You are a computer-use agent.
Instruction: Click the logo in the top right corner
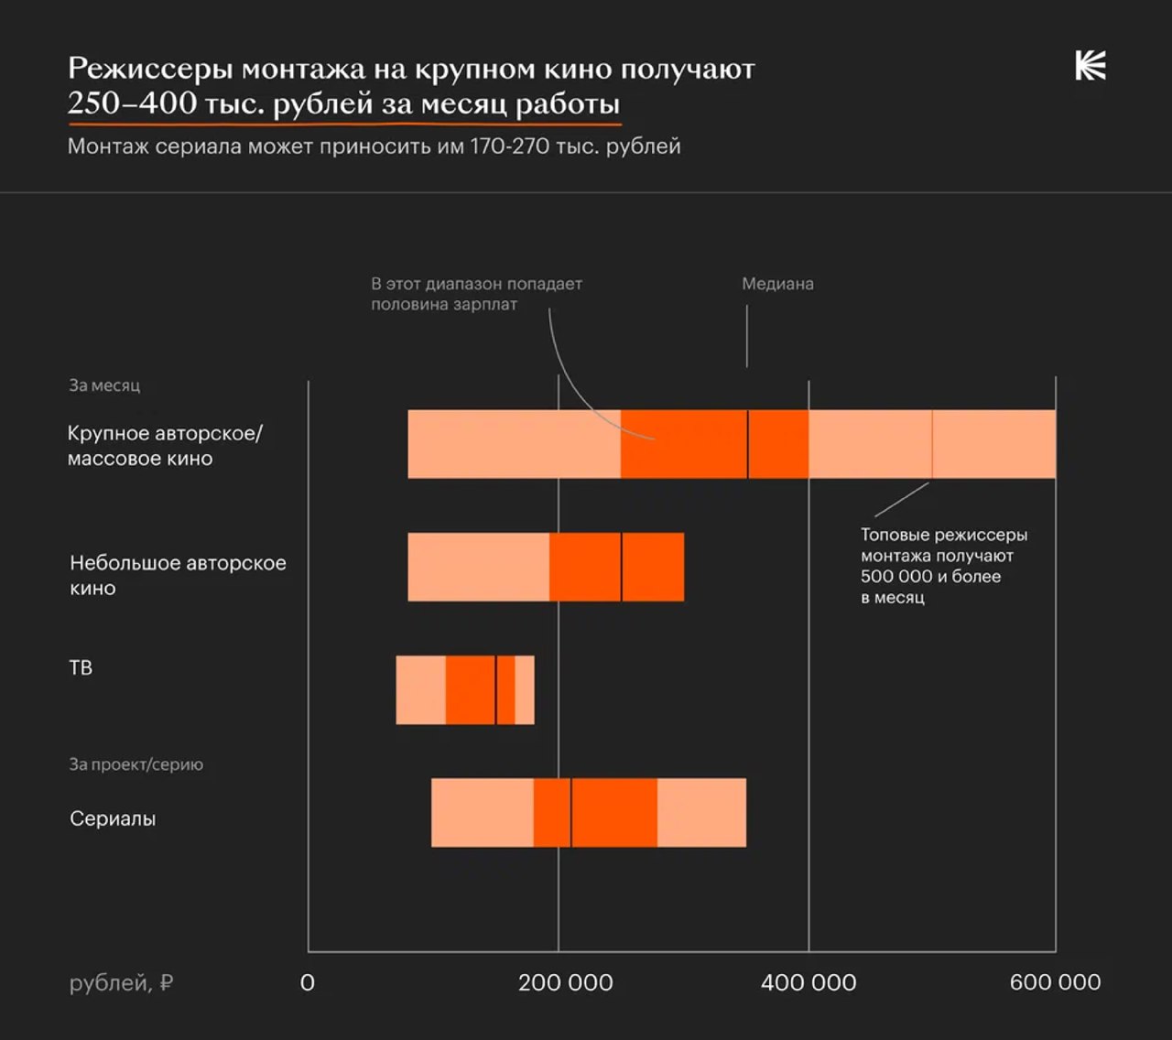(1091, 66)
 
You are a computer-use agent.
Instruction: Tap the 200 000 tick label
(565, 982)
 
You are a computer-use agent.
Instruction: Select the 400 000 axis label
(808, 982)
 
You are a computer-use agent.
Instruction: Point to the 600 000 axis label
(1055, 982)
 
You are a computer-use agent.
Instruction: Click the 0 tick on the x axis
(308, 982)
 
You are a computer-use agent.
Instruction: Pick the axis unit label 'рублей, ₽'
(121, 983)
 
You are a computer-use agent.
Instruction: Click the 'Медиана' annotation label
(777, 284)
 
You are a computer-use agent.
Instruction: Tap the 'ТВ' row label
(81, 667)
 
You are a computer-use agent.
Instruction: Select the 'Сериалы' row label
(113, 818)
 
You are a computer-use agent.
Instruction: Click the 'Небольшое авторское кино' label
(178, 575)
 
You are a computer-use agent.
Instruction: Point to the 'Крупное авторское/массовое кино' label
(165, 446)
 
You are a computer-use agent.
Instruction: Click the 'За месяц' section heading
(104, 385)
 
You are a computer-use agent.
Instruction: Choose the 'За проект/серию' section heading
(136, 764)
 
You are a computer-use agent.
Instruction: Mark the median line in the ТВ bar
(495, 690)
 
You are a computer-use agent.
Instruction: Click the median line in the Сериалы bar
(571, 813)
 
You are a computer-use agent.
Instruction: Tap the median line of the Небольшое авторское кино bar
(622, 567)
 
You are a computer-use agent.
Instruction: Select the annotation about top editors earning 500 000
(943, 566)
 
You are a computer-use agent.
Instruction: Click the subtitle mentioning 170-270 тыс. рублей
(374, 146)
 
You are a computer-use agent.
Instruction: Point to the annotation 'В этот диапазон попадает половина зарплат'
(476, 294)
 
